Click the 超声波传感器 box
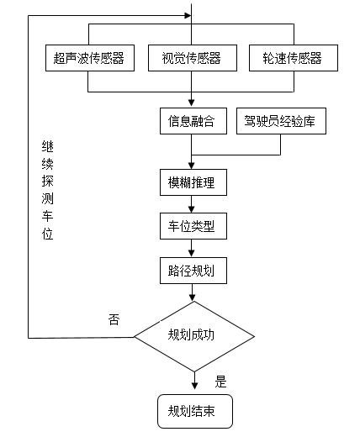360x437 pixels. coord(90,58)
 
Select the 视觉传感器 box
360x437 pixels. coord(193,58)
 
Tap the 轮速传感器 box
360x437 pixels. coord(294,58)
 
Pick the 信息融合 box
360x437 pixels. coord(193,121)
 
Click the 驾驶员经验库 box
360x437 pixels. coord(281,121)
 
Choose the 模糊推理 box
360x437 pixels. coord(193,182)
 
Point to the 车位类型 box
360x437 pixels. coord(193,226)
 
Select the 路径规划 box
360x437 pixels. coord(193,271)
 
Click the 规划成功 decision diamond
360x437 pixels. coord(194,336)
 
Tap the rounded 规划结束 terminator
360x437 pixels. coord(195,411)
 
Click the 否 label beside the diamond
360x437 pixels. coord(114,319)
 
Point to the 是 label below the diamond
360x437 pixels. coord(220,382)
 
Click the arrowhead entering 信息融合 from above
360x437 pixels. coord(192,103)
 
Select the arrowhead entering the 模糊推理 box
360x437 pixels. coord(192,166)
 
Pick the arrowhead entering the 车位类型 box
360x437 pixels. coord(192,209)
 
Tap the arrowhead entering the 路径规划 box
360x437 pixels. coord(192,253)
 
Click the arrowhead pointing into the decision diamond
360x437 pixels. coord(193,297)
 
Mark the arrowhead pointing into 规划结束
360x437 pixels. coord(194,386)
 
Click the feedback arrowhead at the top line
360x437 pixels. coord(188,15)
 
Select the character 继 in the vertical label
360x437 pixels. coord(47,146)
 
